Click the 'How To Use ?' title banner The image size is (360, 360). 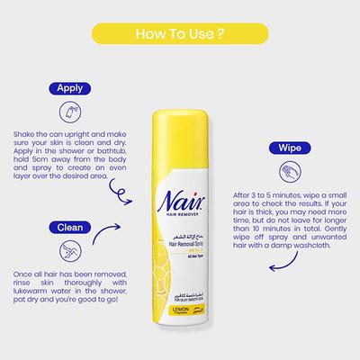(x=180, y=36)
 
